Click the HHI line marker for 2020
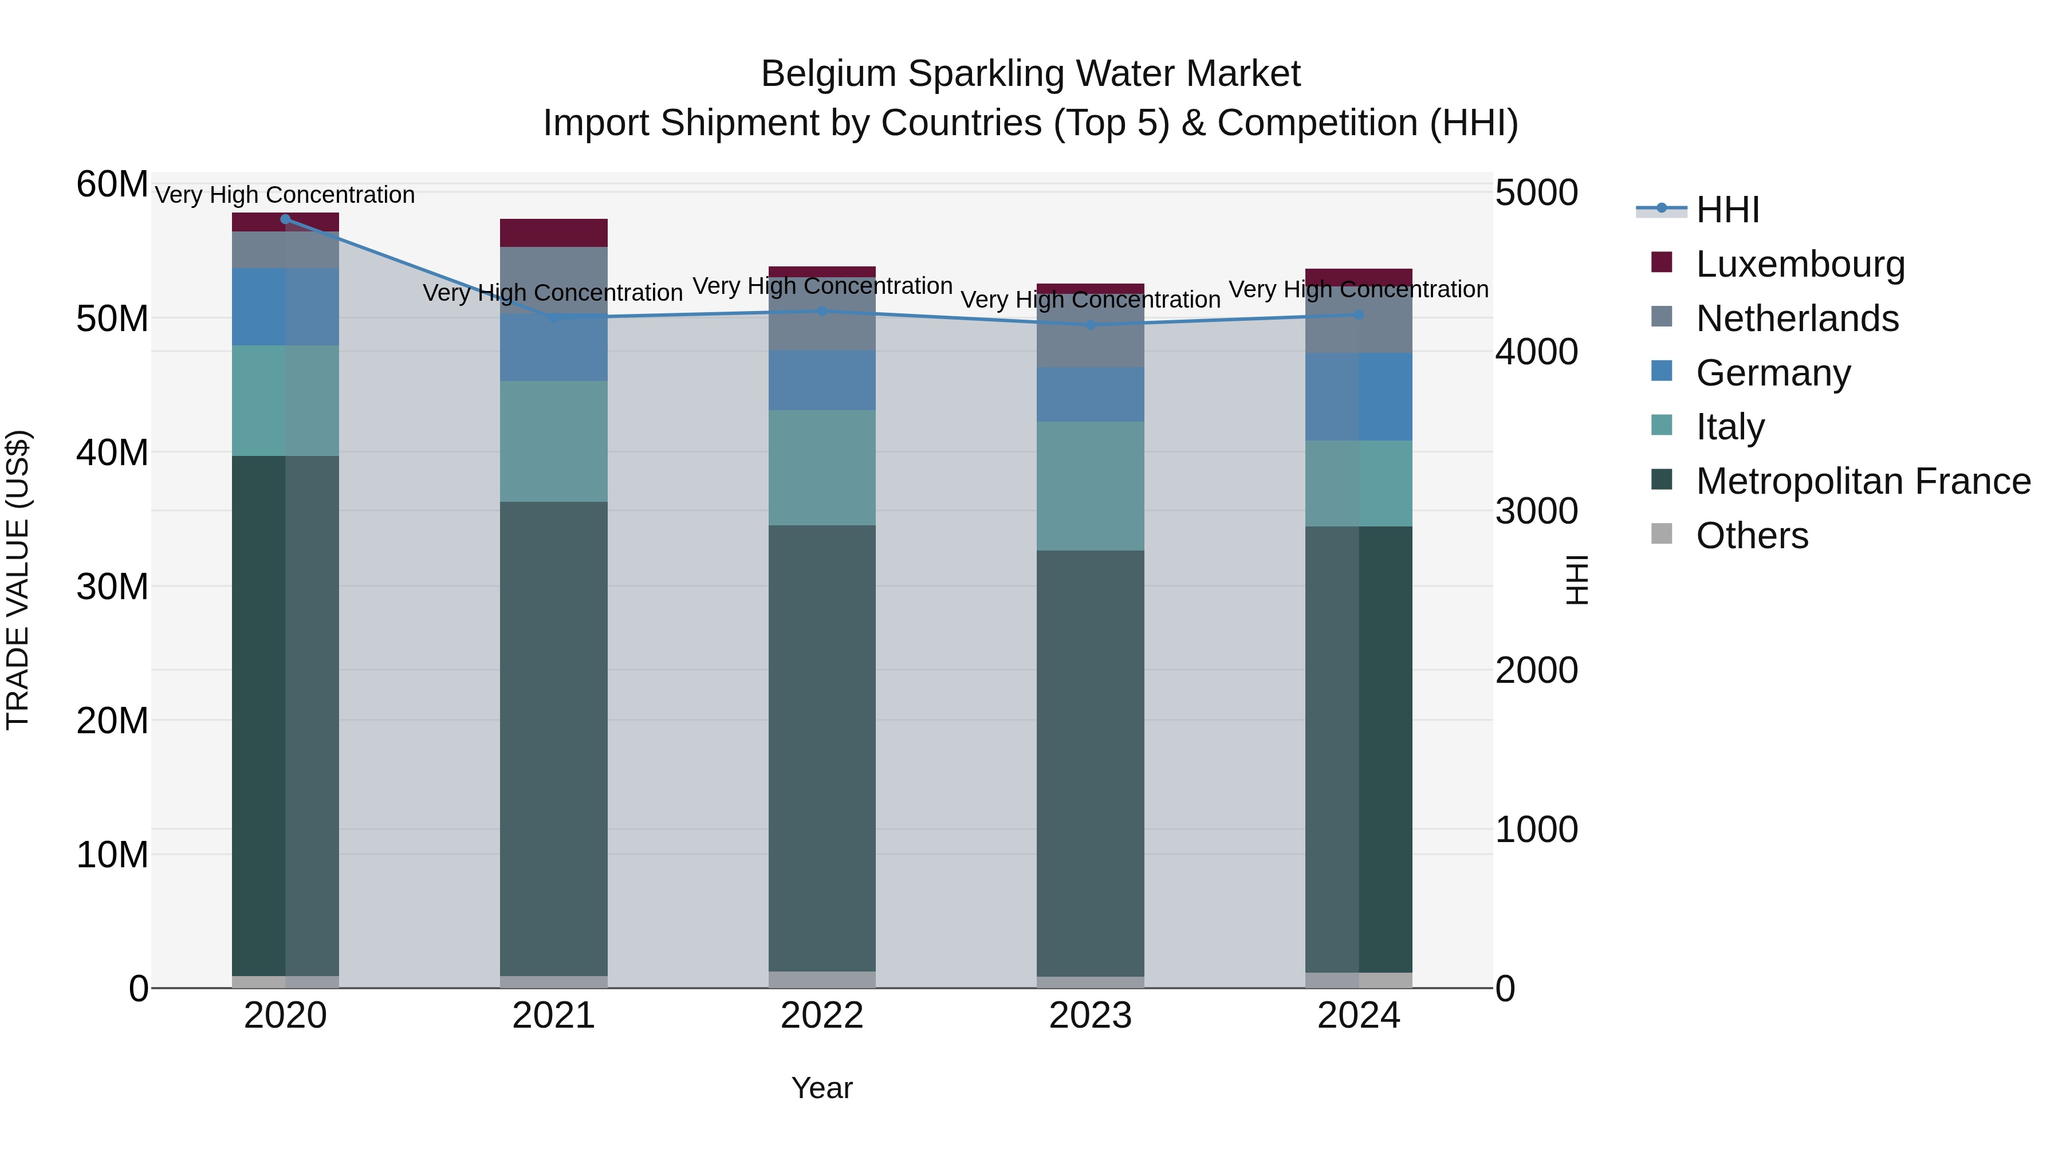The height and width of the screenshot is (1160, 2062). tap(286, 219)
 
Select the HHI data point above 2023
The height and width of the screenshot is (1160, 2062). tap(1090, 325)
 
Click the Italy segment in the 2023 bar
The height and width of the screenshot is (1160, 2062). tap(1090, 486)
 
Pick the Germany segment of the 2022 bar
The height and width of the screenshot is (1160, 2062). tap(822, 380)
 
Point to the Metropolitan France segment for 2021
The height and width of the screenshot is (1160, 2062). tap(554, 738)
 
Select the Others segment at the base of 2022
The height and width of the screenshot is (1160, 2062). tap(822, 980)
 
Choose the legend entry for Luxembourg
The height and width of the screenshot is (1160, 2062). tap(1800, 264)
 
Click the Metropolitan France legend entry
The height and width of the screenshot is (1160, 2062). tap(1862, 481)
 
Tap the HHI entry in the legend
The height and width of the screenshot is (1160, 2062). tap(1727, 210)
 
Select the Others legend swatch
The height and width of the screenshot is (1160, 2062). tap(1662, 534)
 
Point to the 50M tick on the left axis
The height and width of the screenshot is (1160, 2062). tap(112, 318)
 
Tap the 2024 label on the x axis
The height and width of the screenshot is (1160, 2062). tap(1359, 1016)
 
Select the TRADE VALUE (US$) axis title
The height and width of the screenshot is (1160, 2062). tap(18, 580)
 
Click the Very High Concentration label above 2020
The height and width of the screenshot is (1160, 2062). tap(285, 195)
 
